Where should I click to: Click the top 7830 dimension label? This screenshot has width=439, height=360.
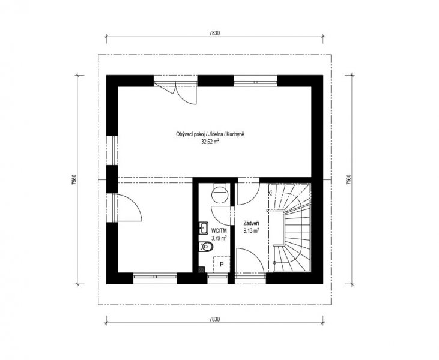point(214,33)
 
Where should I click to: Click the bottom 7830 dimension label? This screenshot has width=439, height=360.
point(214,319)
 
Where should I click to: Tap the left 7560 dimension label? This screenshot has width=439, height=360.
point(74,180)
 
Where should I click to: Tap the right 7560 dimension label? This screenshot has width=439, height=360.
point(348,180)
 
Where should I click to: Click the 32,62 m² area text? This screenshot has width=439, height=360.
point(210,142)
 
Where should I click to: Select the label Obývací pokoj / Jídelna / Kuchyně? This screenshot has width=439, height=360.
point(210,134)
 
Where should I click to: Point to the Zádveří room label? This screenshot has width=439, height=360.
point(251,223)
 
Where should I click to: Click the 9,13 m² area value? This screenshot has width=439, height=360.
point(251,231)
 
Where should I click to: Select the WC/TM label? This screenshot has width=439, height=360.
point(219,231)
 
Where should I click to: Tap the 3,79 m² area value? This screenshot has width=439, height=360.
point(219,238)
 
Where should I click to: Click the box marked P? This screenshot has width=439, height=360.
point(222,265)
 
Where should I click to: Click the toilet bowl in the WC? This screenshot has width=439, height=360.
point(206,247)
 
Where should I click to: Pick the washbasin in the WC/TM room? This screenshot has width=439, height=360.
point(203,228)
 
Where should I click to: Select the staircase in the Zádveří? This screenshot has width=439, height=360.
point(290,227)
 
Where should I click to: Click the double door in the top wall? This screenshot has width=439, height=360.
point(175,93)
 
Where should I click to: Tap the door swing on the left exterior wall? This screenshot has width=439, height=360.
point(129,208)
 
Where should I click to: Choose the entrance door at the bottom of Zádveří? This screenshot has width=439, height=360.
point(250,262)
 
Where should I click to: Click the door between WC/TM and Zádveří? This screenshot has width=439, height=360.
point(222,215)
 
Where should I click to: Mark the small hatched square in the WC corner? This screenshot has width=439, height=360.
point(202,269)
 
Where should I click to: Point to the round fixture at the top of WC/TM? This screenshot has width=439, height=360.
point(220,194)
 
